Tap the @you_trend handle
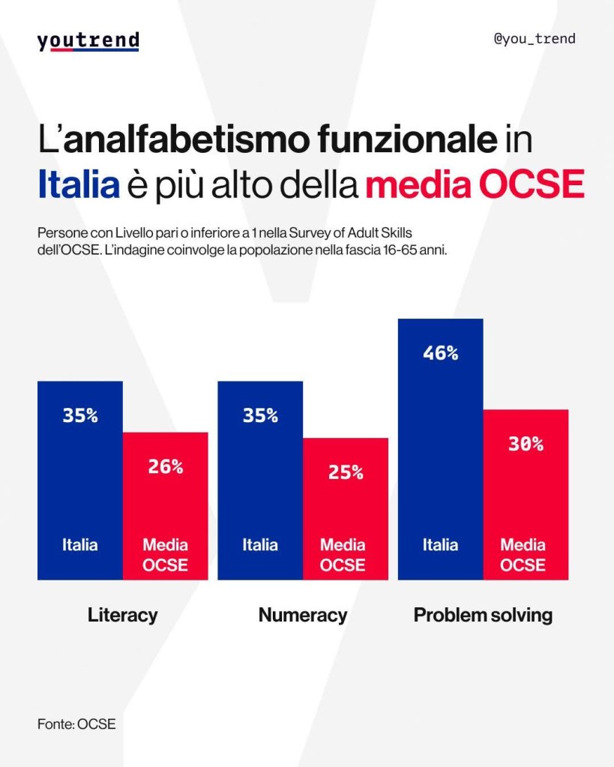pos(534,38)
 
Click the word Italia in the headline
pos(79,185)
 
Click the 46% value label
pos(440,353)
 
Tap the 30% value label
pos(526,444)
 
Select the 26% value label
pos(165,466)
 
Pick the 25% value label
pos(346,472)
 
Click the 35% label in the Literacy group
pos(79,415)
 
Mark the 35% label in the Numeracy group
pos(260,415)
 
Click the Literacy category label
pos(122,616)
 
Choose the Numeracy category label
pos(303,616)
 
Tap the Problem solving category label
pos(483,616)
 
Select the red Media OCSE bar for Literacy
pos(165,510)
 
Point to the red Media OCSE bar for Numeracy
pos(346,517)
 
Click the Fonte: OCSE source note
pos(76,724)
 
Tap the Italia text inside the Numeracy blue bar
pos(260,545)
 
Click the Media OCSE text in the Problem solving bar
pos(523,555)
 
